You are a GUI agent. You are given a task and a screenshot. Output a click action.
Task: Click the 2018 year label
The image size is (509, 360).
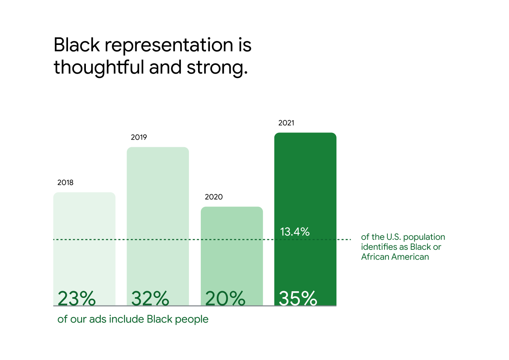click(x=65, y=183)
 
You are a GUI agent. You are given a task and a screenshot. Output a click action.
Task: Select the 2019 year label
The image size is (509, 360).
click(x=139, y=138)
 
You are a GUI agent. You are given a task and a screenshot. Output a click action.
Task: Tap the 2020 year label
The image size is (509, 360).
click(x=214, y=197)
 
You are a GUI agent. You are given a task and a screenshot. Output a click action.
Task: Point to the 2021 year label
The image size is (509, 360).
click(x=286, y=123)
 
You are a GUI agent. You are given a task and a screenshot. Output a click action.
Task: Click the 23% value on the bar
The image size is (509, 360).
click(x=77, y=298)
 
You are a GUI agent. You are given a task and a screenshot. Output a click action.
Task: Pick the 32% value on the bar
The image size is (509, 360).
click(x=150, y=298)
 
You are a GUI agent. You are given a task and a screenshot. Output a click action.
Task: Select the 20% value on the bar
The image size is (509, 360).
click(x=225, y=298)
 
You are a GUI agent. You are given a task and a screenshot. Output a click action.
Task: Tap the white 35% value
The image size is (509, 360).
click(x=298, y=298)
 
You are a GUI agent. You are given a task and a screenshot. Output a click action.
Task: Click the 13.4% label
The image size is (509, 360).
click(x=295, y=232)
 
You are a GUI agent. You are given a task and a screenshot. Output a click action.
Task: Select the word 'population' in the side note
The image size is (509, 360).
click(x=426, y=237)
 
